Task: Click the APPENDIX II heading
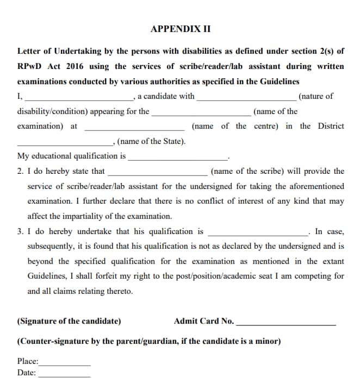(180, 29)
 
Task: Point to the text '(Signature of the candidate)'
(69, 321)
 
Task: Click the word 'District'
(331, 126)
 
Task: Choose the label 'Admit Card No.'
(204, 321)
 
